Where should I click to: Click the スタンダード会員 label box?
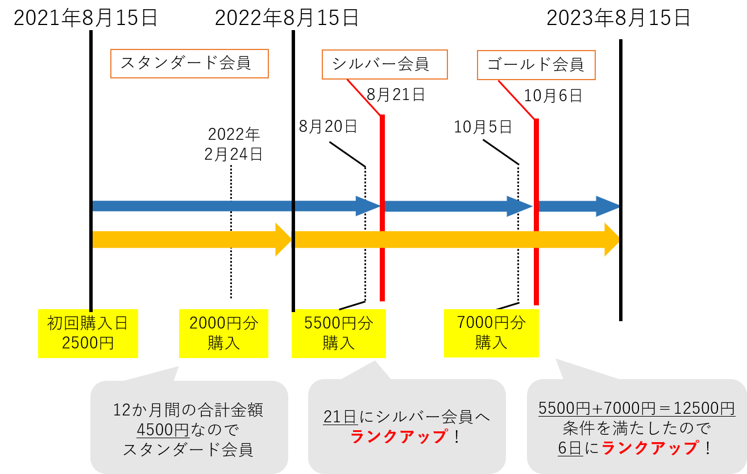[189, 63]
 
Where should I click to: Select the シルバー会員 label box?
[384, 64]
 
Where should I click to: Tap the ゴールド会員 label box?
[536, 65]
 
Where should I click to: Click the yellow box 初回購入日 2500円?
[88, 333]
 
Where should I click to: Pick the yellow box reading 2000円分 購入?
[223, 333]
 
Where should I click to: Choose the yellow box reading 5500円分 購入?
[338, 333]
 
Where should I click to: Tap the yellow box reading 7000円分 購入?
[491, 332]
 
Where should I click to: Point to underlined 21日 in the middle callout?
[340, 417]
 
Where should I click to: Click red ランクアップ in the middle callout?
[399, 436]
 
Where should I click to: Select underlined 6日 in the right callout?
[570, 448]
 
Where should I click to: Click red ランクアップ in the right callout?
[649, 448]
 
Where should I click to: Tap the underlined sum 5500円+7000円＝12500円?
[636, 408]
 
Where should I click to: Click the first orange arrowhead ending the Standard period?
[283, 239]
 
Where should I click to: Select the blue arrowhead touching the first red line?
[367, 206]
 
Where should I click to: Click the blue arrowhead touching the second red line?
[519, 206]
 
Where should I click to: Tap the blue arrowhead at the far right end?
[607, 206]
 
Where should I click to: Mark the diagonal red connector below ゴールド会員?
[516, 99]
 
